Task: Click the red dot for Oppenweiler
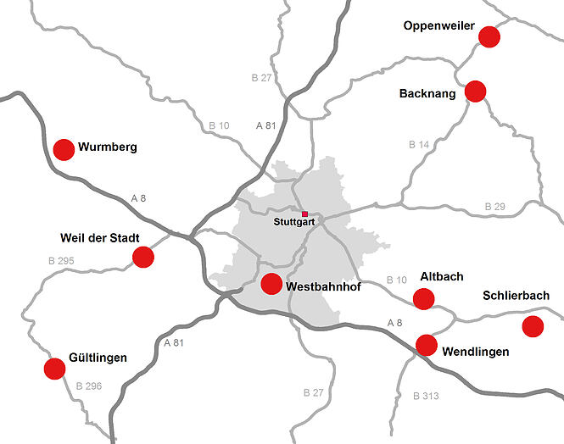tap(489, 36)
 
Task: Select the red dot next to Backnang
tap(475, 92)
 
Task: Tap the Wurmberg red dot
tap(64, 150)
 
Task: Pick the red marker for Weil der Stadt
tap(143, 257)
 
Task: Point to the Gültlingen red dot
tap(54, 369)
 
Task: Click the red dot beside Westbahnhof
tap(271, 284)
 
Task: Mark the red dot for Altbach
tap(423, 298)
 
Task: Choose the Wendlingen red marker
tap(426, 345)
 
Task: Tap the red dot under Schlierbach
tap(533, 326)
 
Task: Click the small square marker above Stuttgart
tap(305, 214)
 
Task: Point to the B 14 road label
tap(419, 145)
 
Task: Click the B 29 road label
tap(494, 207)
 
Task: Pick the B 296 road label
tap(88, 386)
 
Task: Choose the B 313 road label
tap(427, 396)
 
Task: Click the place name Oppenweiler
tap(438, 26)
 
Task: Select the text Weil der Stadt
tap(100, 237)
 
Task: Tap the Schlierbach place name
tap(516, 296)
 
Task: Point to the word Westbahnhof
tap(324, 287)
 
